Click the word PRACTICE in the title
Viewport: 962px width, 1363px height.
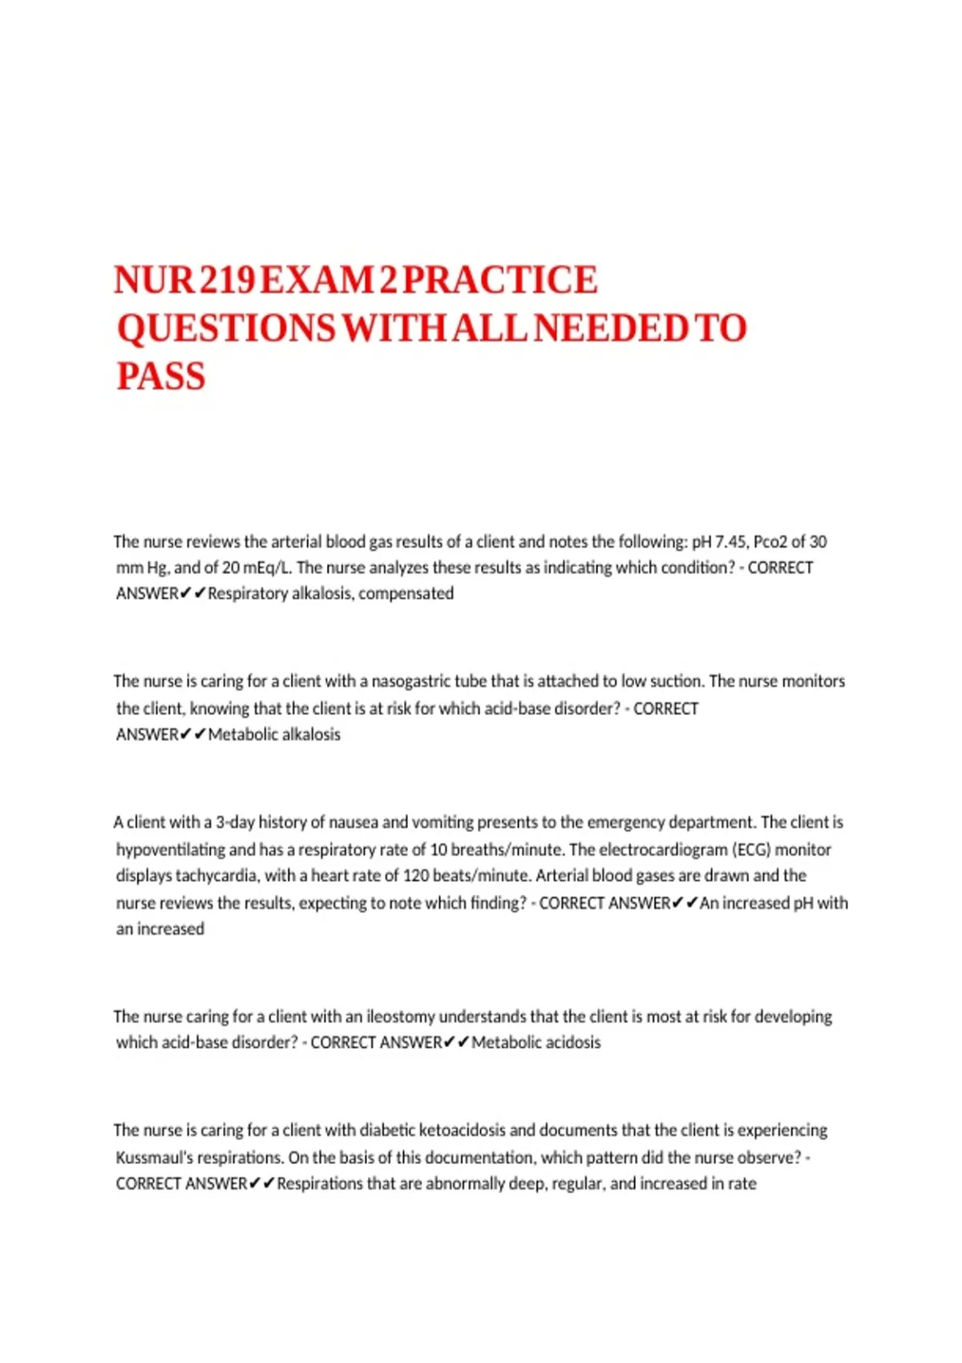coord(499,280)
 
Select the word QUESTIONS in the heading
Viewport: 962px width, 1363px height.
coord(226,329)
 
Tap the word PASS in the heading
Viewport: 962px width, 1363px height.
coord(161,377)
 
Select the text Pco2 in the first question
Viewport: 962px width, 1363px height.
coord(770,542)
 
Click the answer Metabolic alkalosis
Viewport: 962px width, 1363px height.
coord(274,734)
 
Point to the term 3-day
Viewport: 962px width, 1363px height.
coord(235,823)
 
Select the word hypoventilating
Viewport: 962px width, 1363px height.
coord(171,850)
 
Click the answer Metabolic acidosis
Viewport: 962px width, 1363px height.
coord(536,1042)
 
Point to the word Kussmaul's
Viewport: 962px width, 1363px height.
coord(155,1158)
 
